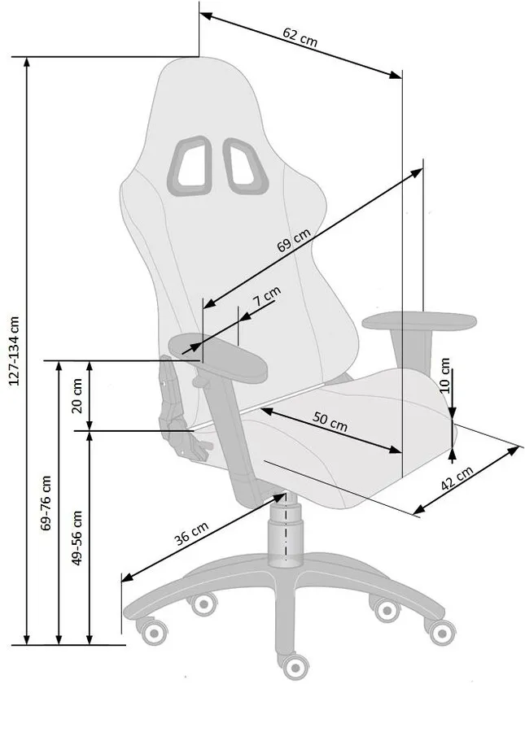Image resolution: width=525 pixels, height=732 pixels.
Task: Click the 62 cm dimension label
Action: tap(300, 37)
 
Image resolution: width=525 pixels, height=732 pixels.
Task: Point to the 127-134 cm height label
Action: tap(15, 351)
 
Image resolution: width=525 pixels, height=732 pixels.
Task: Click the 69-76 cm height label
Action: tap(46, 503)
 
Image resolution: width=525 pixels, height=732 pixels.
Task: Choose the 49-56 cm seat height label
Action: tap(77, 538)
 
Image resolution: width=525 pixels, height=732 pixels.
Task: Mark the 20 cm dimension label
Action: tap(77, 395)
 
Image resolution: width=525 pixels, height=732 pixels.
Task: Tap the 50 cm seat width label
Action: tap(330, 421)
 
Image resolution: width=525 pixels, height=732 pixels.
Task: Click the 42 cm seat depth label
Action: tap(457, 477)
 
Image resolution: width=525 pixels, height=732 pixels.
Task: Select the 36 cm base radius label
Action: tap(191, 534)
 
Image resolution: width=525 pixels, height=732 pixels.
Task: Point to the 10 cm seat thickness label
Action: tap(444, 375)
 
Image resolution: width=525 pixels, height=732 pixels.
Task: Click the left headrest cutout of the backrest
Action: tap(190, 165)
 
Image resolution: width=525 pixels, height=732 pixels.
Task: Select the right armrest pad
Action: tap(419, 321)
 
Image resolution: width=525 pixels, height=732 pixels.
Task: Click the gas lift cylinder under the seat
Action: tap(284, 529)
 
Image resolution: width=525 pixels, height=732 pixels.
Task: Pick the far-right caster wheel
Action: tap(441, 633)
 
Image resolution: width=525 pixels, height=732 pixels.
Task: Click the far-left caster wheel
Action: tap(152, 632)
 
